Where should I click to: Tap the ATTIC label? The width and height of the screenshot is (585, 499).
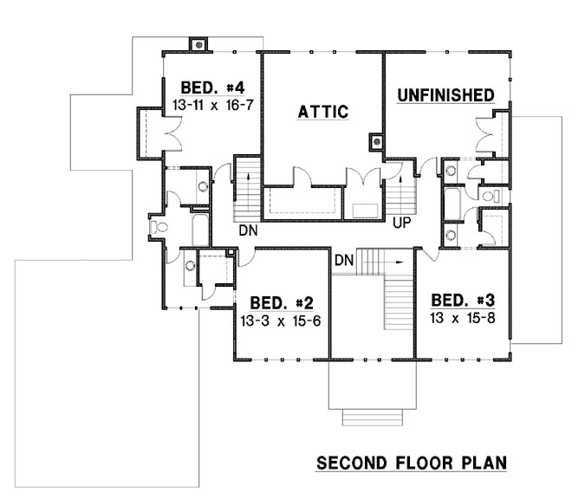click(322, 112)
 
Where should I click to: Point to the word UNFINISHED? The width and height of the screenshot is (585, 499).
click(445, 94)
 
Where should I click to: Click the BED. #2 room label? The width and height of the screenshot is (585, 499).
click(282, 303)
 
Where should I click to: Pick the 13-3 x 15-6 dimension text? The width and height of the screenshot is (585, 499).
click(282, 319)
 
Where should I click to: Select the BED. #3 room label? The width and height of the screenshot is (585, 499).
click(463, 301)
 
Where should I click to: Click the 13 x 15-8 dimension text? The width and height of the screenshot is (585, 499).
click(463, 317)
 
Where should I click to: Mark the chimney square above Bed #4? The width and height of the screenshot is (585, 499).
click(199, 43)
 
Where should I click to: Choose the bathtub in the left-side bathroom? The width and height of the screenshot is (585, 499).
click(198, 228)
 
